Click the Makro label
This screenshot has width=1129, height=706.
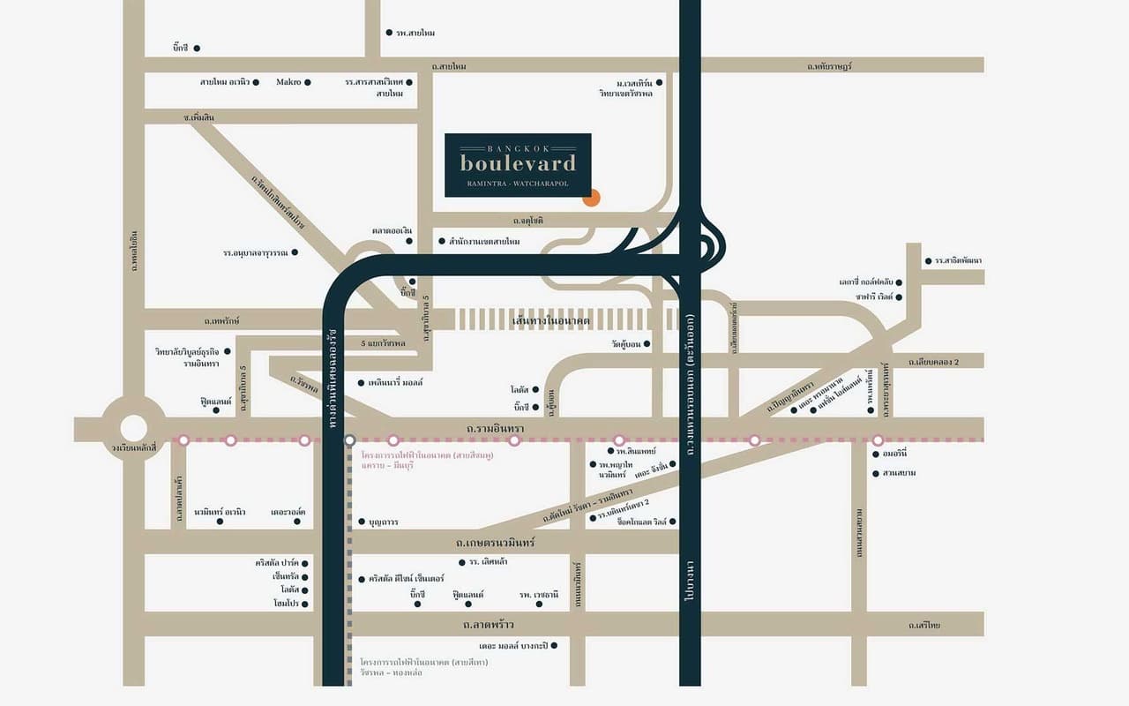(288, 82)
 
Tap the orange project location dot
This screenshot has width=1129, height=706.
(591, 198)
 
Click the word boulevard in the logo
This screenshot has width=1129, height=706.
(518, 163)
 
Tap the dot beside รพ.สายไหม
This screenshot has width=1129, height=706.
(389, 33)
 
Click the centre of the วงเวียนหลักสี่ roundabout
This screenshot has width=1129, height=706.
(133, 428)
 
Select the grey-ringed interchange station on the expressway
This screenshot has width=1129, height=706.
(350, 439)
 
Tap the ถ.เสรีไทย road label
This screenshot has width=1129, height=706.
(924, 625)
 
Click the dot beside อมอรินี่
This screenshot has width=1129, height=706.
(875, 454)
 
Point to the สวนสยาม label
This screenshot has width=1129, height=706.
(899, 473)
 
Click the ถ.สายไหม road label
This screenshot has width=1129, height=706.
(449, 66)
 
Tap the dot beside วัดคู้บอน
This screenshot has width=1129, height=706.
(647, 343)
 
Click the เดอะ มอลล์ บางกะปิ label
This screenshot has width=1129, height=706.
(511, 646)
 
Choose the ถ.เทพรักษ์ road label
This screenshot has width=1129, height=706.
(221, 320)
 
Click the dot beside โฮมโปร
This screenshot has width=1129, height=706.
(305, 604)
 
